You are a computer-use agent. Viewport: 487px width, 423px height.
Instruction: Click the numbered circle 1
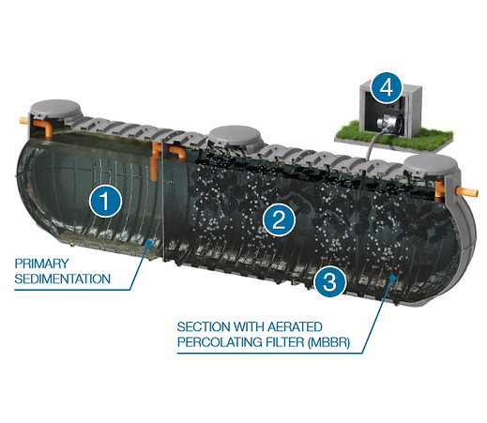(x=105, y=201)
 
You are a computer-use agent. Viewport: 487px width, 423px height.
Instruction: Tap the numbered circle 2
(x=279, y=220)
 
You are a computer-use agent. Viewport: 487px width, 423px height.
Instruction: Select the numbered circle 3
(x=329, y=281)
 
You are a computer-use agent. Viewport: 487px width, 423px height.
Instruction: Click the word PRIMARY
(x=41, y=264)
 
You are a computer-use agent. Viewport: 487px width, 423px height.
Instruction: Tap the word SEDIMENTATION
(x=63, y=279)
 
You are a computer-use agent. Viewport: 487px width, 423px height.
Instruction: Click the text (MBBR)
(x=328, y=342)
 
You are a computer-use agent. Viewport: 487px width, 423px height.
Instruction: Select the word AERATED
(x=291, y=327)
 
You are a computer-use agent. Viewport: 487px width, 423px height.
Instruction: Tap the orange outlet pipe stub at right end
(x=467, y=191)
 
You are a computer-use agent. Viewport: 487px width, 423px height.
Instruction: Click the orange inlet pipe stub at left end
(x=24, y=120)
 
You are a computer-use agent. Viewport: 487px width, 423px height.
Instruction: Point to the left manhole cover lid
(x=56, y=110)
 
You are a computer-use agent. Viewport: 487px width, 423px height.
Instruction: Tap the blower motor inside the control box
(x=390, y=123)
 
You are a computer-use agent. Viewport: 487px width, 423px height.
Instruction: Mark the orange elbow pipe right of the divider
(x=177, y=152)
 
